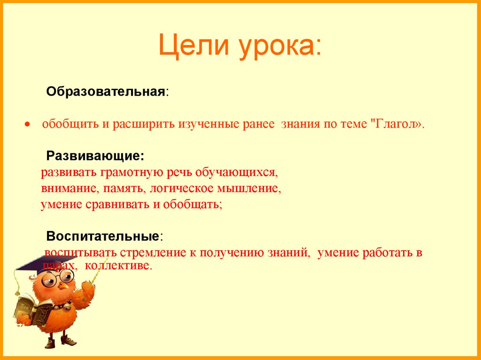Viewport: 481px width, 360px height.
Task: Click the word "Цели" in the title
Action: [194, 47]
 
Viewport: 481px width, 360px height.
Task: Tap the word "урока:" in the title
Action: [281, 47]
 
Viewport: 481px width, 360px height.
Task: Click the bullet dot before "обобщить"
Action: [28, 126]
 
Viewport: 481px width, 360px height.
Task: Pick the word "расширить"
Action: [142, 125]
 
